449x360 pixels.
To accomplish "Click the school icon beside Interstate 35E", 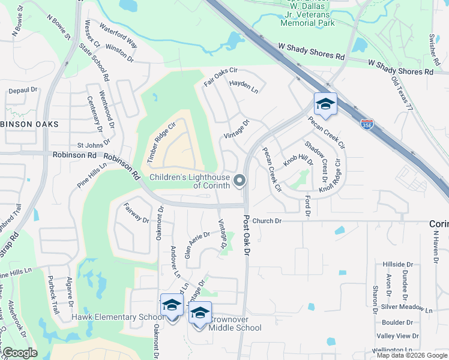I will tap(325, 104).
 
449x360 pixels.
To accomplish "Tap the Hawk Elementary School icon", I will tap(172, 305).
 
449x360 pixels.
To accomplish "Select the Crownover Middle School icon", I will tap(200, 313).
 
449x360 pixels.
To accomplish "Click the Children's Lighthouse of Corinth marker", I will tap(240, 180).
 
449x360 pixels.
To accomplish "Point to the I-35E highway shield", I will tap(366, 124).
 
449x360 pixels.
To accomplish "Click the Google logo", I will tap(20, 353).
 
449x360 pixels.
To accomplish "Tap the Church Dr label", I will tap(267, 221).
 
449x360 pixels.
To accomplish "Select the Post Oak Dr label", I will tap(246, 235).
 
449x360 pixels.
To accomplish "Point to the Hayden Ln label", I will tap(244, 88).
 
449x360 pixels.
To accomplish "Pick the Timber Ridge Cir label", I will tap(160, 142).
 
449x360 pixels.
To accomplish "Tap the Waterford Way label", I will tap(119, 37).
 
